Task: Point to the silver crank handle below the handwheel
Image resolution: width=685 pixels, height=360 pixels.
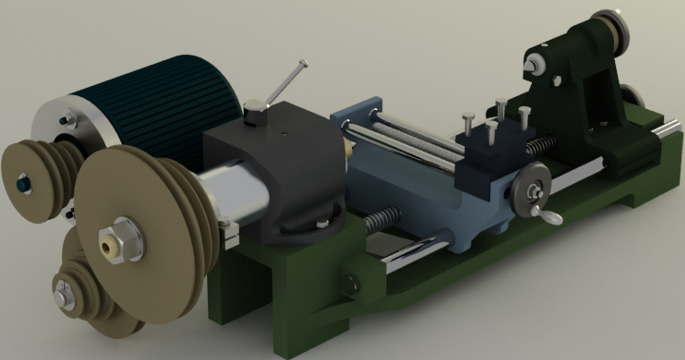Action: click(x=548, y=216)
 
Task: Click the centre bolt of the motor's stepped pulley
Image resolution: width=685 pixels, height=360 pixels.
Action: click(x=23, y=184)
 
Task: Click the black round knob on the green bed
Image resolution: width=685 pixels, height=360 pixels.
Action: click(x=350, y=285)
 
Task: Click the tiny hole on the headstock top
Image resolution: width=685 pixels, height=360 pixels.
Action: click(x=284, y=134)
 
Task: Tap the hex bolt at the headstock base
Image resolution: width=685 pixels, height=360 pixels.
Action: click(x=323, y=224)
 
